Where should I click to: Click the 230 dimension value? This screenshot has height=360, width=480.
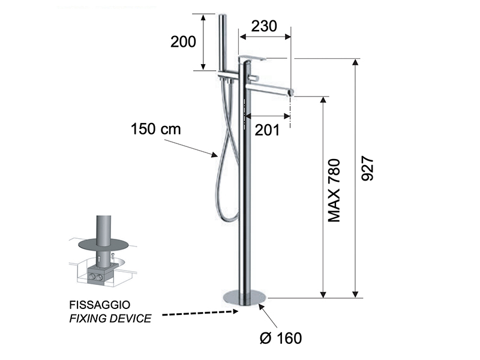coord(264,26)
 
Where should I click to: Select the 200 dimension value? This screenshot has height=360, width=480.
coord(183,41)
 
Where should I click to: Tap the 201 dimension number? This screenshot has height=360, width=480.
coord(267,130)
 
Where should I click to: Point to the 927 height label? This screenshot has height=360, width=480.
coord(367,169)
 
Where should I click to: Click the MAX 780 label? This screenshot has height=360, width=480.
coord(334,190)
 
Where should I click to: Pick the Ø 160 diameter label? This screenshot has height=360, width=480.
coord(281,338)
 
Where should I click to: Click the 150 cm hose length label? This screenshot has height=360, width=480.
coord(156,129)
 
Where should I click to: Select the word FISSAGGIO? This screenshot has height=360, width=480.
coord(100,305)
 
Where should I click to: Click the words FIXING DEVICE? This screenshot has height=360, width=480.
coord(110,319)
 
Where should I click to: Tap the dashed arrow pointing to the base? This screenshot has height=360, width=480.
coord(200,313)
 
